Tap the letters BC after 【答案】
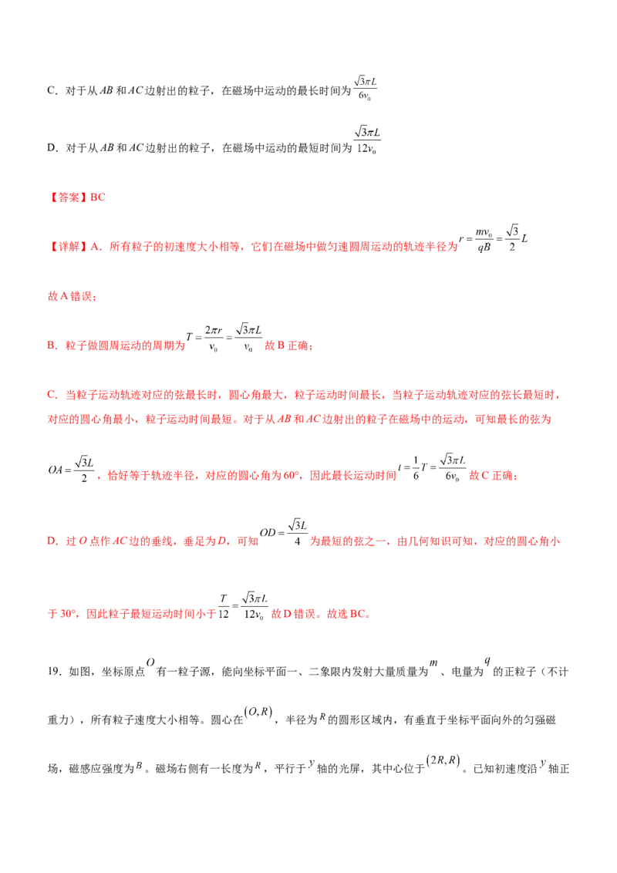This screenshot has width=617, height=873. click(99, 197)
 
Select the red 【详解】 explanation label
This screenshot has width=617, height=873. click(63, 248)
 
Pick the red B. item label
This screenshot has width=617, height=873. click(52, 346)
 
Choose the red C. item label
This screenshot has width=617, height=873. click(52, 395)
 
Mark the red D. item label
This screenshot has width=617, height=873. click(52, 542)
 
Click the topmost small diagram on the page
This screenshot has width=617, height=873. click(367, 90)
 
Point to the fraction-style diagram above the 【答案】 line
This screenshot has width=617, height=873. click(367, 139)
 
